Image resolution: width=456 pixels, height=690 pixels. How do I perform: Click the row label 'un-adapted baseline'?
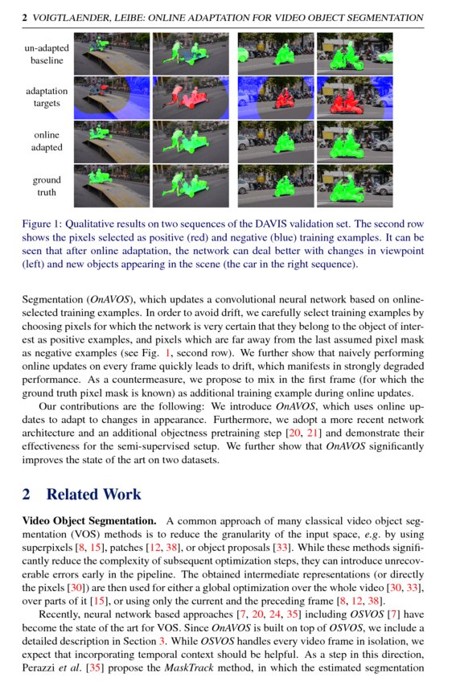(x=46, y=55)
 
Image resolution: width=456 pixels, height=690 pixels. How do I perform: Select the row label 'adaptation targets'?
(x=46, y=97)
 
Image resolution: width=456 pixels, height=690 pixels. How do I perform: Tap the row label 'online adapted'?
(x=46, y=142)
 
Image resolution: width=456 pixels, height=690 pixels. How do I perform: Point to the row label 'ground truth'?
(x=46, y=187)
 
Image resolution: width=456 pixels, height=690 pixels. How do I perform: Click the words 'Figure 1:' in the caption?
(x=47, y=224)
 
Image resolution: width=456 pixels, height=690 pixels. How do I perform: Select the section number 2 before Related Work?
(x=26, y=495)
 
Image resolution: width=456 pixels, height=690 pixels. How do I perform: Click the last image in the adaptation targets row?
(x=355, y=97)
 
